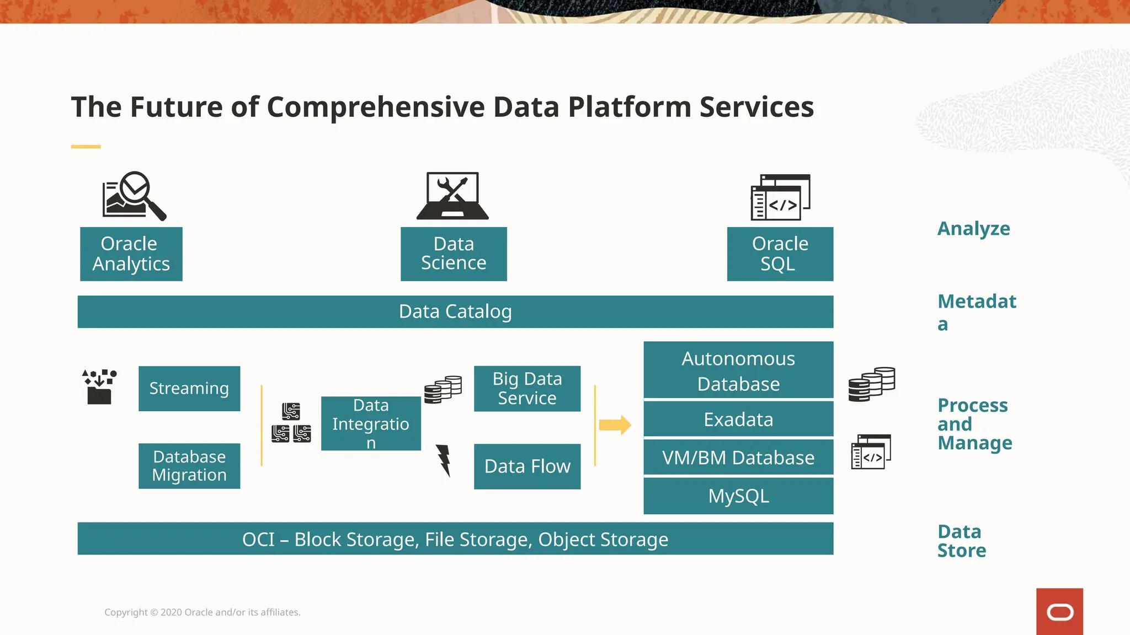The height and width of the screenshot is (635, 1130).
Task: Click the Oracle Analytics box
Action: pyautogui.click(x=131, y=254)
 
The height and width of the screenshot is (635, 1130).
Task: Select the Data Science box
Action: pyautogui.click(x=454, y=254)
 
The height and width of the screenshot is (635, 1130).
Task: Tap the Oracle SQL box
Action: pyautogui.click(x=780, y=254)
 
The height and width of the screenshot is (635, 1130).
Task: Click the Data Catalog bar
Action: pyautogui.click(x=455, y=311)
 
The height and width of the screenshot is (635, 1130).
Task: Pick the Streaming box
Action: pyautogui.click(x=189, y=388)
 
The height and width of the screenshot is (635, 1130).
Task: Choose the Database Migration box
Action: pyautogui.click(x=189, y=466)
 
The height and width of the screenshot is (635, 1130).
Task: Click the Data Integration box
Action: pyautogui.click(x=371, y=423)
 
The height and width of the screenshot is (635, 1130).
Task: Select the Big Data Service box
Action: pyautogui.click(x=527, y=388)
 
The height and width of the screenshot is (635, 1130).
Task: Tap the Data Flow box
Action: pyautogui.click(x=527, y=466)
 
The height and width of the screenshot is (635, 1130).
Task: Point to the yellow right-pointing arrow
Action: pyautogui.click(x=615, y=424)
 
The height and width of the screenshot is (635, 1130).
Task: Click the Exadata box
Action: pyautogui.click(x=738, y=419)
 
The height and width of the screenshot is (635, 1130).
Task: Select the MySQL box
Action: pyautogui.click(x=738, y=496)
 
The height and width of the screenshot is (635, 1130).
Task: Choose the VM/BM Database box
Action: pyautogui.click(x=738, y=458)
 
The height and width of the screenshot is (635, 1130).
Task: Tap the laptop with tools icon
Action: pyautogui.click(x=452, y=196)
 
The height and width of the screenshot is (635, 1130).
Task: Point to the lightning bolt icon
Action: pyautogui.click(x=444, y=460)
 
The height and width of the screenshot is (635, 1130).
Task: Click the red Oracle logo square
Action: pyautogui.click(x=1059, y=611)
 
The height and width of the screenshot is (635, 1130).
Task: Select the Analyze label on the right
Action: pyautogui.click(x=973, y=228)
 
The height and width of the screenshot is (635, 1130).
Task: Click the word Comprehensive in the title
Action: pyautogui.click(x=376, y=107)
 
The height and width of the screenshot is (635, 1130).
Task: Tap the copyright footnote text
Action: pyautogui.click(x=202, y=612)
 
